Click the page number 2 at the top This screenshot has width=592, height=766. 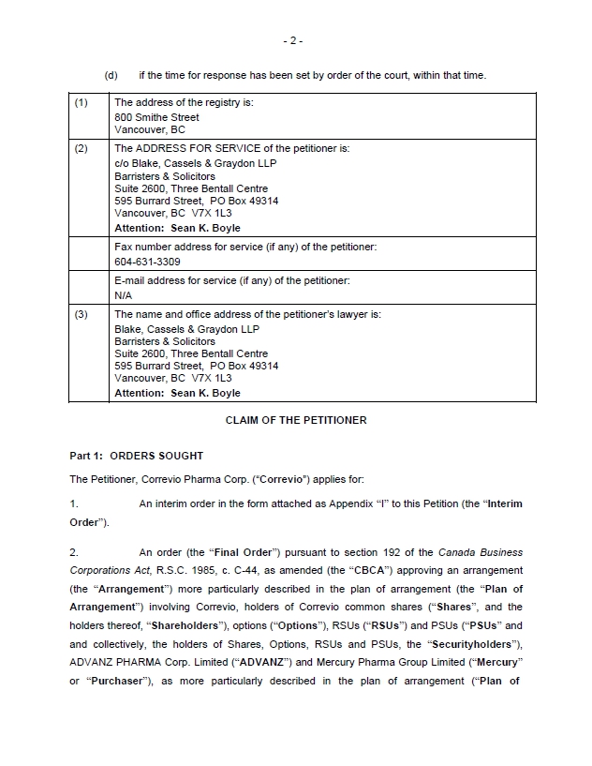click(292, 40)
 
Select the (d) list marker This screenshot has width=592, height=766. click(111, 75)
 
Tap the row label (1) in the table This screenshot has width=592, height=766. click(81, 102)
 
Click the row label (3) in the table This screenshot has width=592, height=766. click(81, 315)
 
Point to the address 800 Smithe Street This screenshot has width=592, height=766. click(156, 117)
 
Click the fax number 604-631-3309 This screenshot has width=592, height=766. click(147, 262)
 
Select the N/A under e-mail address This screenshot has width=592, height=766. click(123, 295)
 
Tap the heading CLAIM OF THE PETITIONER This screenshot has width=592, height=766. click(296, 420)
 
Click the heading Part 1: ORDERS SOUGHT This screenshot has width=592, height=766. click(136, 456)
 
